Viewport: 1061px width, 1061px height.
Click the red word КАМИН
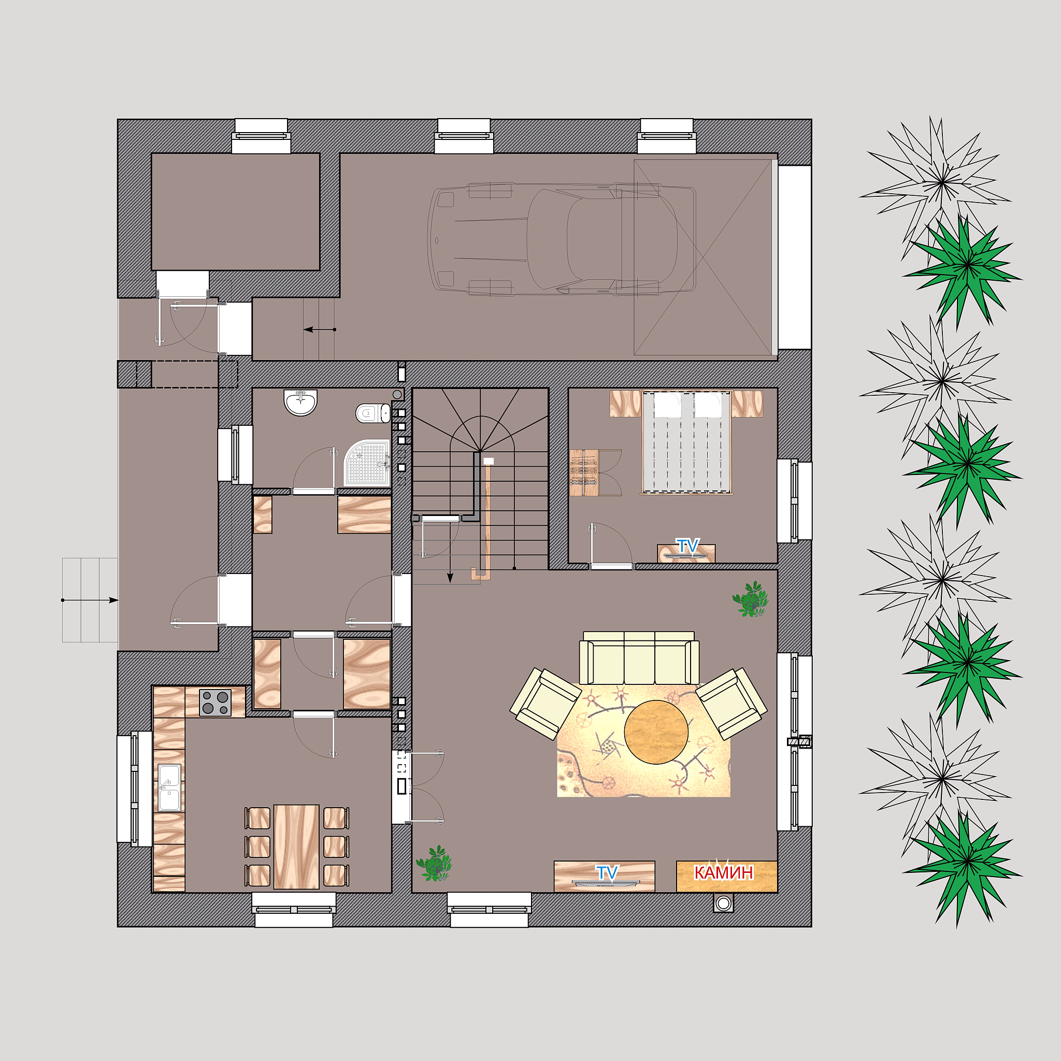coord(723,872)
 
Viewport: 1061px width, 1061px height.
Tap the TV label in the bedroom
coord(687,546)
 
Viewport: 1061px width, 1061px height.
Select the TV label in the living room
coord(607,872)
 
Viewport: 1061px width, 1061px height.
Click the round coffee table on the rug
coord(656,732)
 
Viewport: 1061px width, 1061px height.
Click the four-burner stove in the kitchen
coord(216,703)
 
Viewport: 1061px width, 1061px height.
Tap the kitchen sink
coord(169,787)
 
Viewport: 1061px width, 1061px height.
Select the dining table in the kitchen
coord(296,847)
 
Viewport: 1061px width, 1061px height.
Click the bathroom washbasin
coord(300,402)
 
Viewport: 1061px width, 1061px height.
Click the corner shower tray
coord(367,463)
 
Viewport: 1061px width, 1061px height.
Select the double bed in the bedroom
coord(686,442)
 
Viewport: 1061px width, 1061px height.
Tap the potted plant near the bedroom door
coord(750,599)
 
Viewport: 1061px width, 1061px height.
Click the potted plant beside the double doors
coord(434,863)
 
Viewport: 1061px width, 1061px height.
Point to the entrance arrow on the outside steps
coord(90,600)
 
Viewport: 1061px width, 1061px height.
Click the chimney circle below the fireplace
coord(723,904)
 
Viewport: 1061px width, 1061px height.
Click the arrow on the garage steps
coord(320,329)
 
